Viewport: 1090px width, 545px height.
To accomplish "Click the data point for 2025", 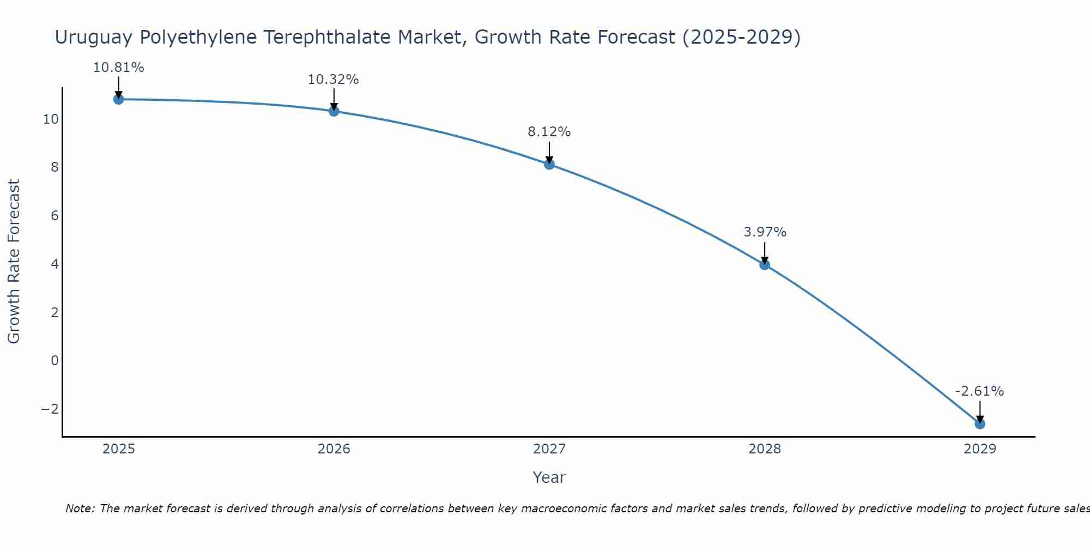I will tap(118, 99).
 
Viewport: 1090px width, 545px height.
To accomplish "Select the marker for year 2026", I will tap(334, 111).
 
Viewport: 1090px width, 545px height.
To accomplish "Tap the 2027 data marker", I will tap(549, 164).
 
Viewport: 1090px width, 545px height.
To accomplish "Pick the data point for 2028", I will tap(765, 265).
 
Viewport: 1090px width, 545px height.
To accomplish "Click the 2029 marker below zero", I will tap(980, 423).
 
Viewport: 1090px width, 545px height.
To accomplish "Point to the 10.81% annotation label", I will tap(118, 68).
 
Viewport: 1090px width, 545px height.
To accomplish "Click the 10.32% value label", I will tap(334, 80).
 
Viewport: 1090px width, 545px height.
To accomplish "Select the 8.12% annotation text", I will tap(549, 132).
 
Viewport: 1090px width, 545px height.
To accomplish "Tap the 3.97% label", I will tap(765, 232).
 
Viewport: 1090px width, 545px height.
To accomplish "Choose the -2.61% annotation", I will tap(979, 391).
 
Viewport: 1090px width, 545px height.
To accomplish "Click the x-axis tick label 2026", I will tap(334, 449).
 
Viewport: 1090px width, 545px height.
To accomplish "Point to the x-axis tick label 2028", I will tap(765, 449).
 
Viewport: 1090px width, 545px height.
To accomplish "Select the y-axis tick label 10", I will tap(51, 119).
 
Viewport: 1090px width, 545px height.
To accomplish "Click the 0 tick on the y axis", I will tap(55, 360).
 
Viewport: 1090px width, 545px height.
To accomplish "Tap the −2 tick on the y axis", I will tap(50, 409).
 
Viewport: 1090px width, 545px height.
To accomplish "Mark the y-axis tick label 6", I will tap(55, 215).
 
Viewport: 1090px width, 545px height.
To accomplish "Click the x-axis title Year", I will tap(549, 477).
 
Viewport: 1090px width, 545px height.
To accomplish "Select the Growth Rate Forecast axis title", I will tap(14, 262).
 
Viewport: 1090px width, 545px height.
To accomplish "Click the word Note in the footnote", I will tap(79, 508).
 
